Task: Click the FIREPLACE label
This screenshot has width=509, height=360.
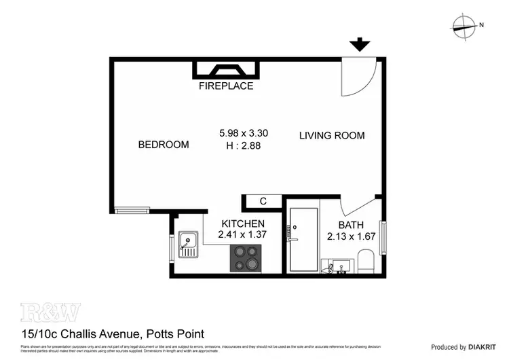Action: [226, 86]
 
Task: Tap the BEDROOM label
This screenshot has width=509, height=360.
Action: [164, 145]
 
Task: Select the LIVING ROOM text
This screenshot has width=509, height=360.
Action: [332, 135]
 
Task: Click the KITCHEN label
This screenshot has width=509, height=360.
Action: [243, 223]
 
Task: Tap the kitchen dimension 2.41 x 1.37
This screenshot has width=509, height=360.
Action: [243, 234]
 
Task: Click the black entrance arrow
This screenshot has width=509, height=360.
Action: [360, 46]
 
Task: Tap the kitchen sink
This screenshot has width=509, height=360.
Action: [188, 245]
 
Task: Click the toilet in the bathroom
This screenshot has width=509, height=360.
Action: [365, 261]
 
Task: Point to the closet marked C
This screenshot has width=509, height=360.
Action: [262, 201]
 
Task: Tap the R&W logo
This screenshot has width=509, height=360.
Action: [50, 312]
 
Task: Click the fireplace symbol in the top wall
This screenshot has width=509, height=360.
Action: [226, 69]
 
